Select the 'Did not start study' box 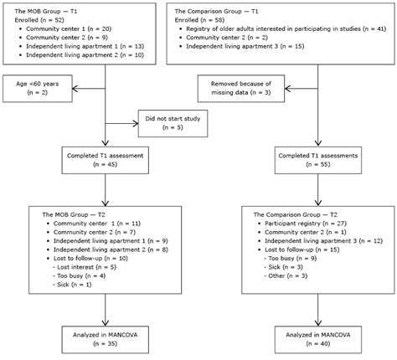[173, 124]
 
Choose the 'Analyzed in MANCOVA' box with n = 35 [104, 340]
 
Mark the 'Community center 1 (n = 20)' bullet [68, 28]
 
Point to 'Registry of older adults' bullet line [285, 28]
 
